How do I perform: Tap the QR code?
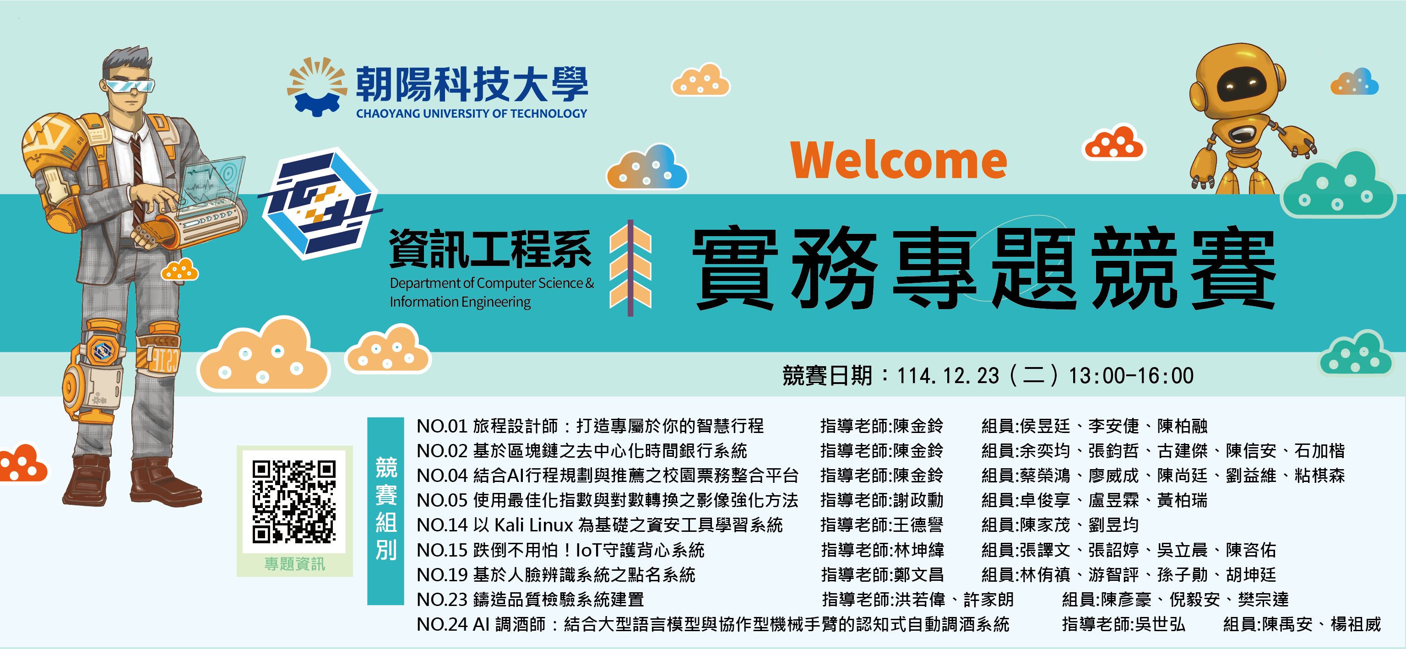[x=294, y=502]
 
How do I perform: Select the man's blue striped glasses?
[x=130, y=86]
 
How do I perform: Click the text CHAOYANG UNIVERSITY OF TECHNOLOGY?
[x=472, y=114]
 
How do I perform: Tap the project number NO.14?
[x=442, y=525]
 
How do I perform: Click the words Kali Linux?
[x=534, y=525]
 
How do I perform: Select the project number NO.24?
[x=442, y=624]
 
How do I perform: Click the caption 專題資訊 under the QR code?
[x=295, y=564]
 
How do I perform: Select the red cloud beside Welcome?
[x=1113, y=142]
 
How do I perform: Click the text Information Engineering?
[x=460, y=302]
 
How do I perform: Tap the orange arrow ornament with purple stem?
[x=630, y=267]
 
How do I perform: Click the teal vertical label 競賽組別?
[x=386, y=510]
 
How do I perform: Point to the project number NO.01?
[x=442, y=426]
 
